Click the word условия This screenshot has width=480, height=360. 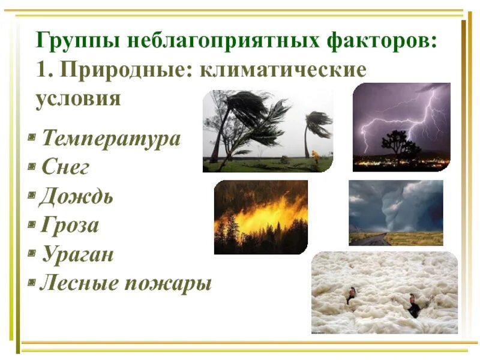point(78,98)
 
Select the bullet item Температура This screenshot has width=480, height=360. point(111,139)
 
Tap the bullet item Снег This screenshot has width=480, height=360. point(65,167)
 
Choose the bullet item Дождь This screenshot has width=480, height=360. point(76,196)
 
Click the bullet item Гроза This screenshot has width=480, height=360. point(70,226)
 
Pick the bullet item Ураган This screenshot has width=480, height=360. point(77,254)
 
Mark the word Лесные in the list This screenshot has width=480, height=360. point(78,283)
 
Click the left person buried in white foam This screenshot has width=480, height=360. point(351,295)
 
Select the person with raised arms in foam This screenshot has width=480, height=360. point(413,305)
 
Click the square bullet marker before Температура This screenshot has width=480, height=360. point(31,140)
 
